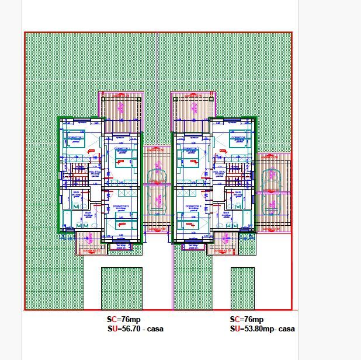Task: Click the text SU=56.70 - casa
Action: click(x=135, y=329)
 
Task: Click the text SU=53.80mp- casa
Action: click(x=262, y=329)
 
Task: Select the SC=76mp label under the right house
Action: click(x=247, y=320)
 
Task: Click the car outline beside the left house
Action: click(x=156, y=190)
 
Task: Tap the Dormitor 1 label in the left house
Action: click(x=75, y=138)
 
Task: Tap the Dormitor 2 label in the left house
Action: click(x=123, y=150)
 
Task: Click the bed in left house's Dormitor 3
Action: click(x=122, y=219)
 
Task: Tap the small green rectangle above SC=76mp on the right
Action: click(x=242, y=288)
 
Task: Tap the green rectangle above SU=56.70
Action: click(x=122, y=288)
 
